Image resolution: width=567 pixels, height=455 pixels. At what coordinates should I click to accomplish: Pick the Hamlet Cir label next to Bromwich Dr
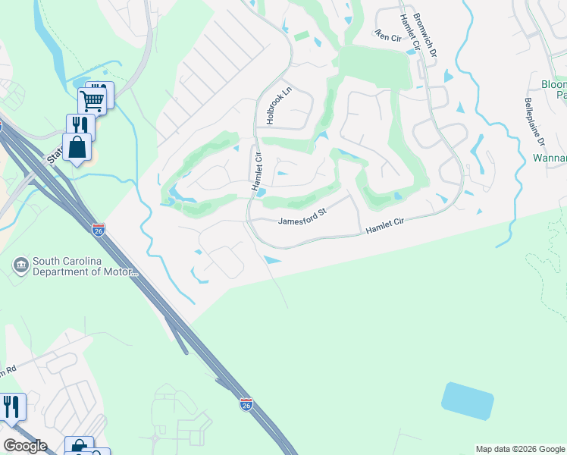(409, 34)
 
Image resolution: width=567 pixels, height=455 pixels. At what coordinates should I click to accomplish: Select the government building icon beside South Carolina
(20, 265)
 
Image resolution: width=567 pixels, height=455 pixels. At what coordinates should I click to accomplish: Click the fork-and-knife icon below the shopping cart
(80, 125)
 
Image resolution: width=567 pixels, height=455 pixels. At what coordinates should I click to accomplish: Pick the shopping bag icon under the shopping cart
(78, 146)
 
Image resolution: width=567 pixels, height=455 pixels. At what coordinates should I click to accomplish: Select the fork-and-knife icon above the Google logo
(11, 406)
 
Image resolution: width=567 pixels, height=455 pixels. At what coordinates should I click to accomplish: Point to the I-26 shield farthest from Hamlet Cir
(246, 404)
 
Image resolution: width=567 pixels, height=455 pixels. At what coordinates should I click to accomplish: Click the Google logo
(25, 446)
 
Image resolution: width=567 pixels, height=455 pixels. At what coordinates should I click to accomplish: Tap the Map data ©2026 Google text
(520, 449)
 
